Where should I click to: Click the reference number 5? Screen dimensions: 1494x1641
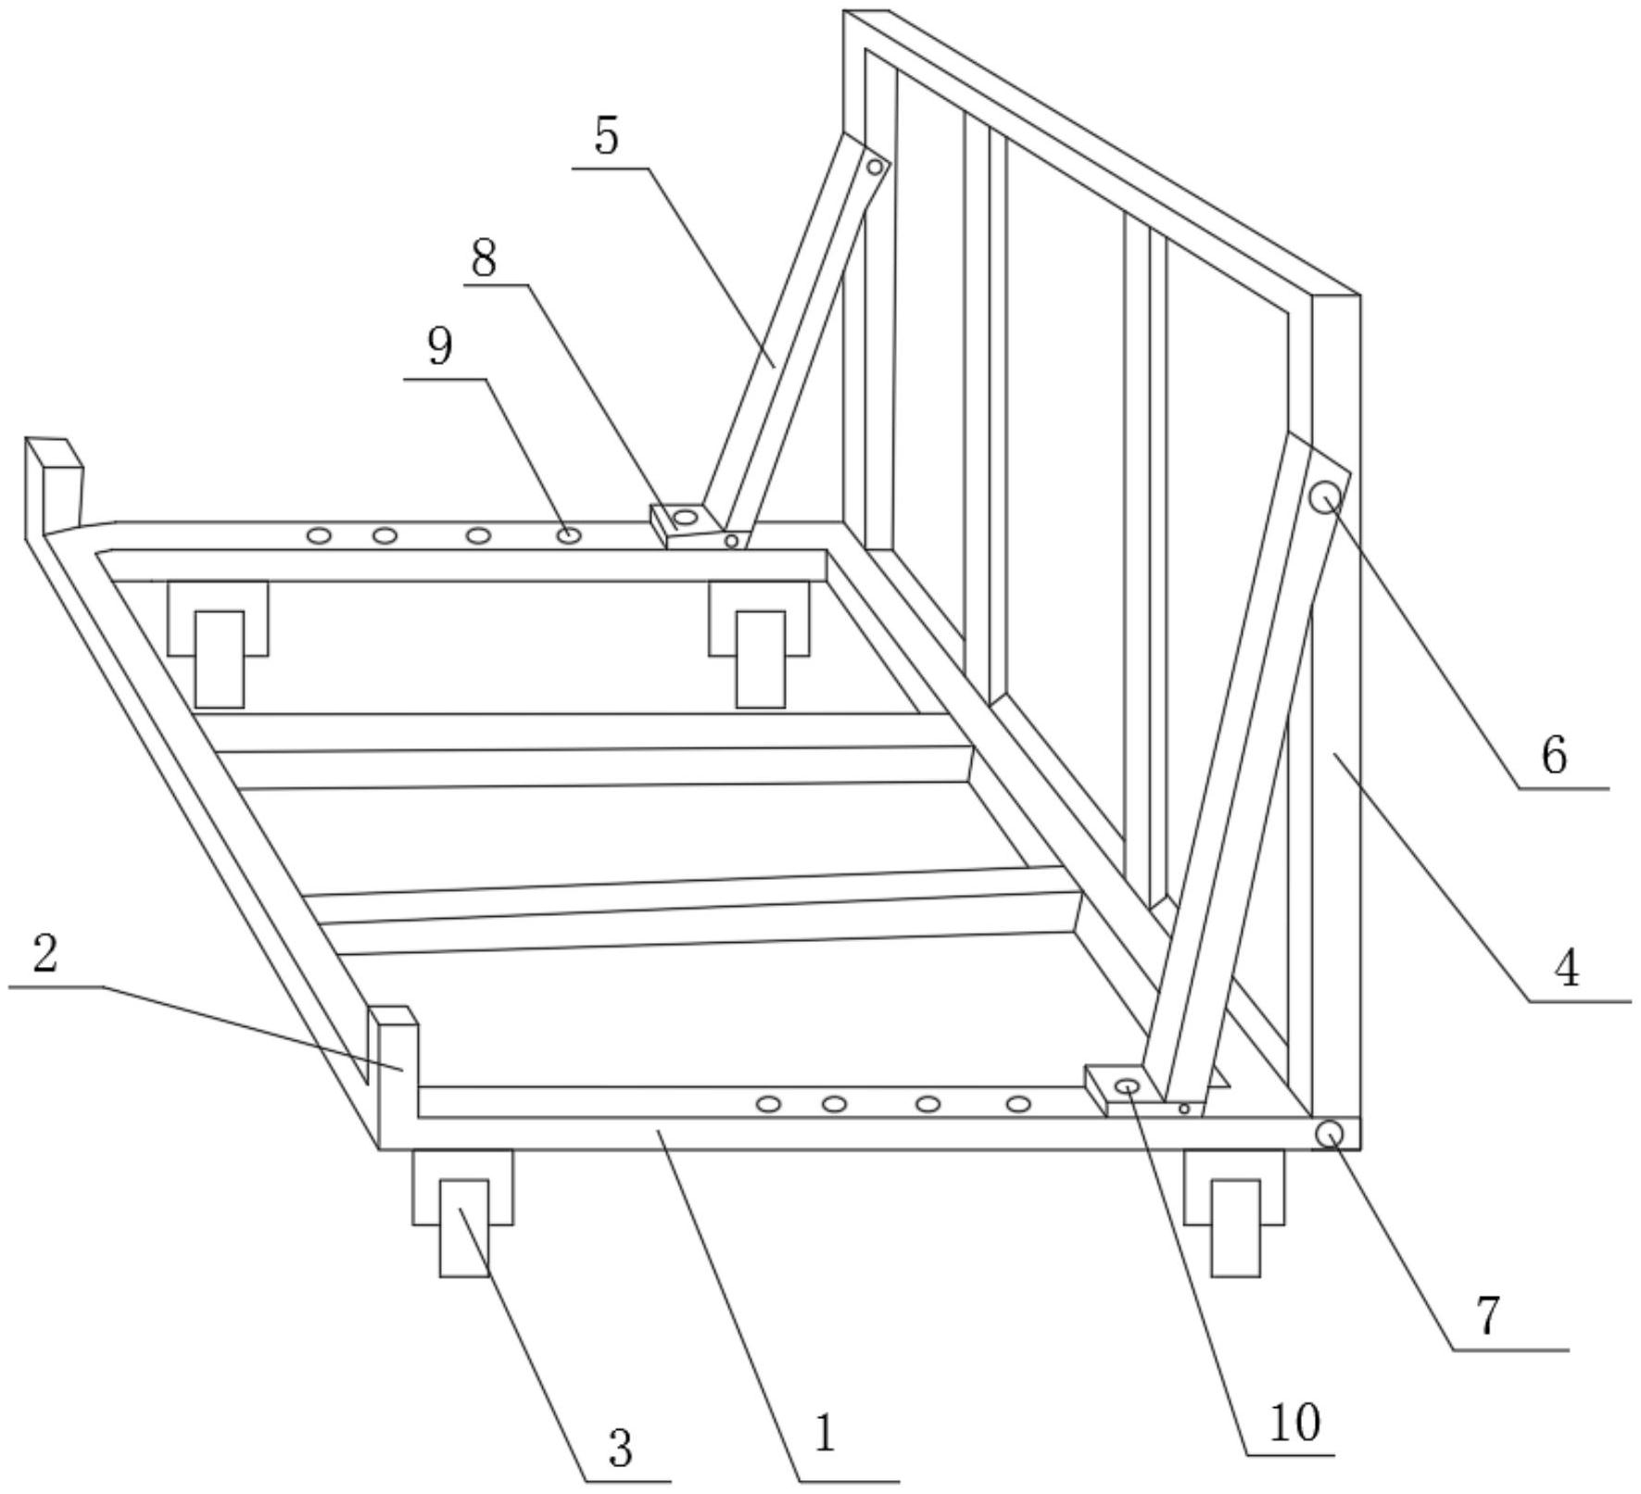[x=607, y=138]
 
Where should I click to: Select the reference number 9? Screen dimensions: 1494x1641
[x=440, y=348]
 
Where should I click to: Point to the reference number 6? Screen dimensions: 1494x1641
[x=1554, y=755]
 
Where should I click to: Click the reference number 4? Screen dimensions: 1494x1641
[x=1566, y=970]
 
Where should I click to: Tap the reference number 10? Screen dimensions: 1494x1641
[x=1294, y=1422]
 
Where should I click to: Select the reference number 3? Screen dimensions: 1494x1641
[x=621, y=1448]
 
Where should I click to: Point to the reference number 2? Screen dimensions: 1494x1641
[x=45, y=955]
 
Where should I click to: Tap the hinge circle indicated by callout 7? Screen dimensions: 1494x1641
[x=1330, y=1134]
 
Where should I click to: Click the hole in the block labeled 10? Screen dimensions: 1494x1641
[x=1127, y=1086]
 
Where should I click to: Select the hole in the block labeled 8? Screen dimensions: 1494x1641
[x=686, y=517]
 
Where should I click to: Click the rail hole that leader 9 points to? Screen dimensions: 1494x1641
[x=569, y=535]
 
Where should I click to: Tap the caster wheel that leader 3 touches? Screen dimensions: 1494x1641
[x=464, y=1227]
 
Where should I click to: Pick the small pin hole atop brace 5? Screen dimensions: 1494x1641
[x=874, y=168]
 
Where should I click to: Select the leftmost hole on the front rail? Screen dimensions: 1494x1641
[x=768, y=1103]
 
